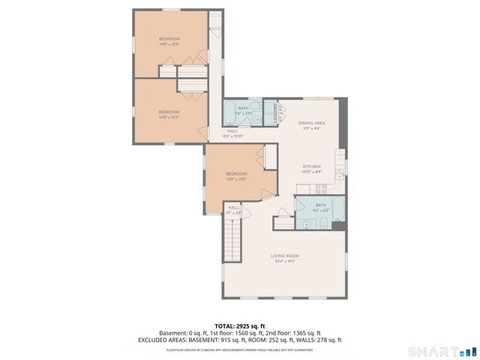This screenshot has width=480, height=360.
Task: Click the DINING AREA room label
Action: coord(311,123)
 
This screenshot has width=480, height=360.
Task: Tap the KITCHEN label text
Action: coord(311,166)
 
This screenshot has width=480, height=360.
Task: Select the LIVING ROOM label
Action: coord(285,256)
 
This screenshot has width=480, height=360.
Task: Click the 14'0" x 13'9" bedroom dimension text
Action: coord(169,44)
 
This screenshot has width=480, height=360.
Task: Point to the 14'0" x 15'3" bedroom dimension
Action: coord(169,117)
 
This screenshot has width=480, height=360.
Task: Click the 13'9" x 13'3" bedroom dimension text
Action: coord(237,179)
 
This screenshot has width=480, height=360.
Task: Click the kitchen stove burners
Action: coord(320,188)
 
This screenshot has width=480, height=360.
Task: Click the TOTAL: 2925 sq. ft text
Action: coord(240,325)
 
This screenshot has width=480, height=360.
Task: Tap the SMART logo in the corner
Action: coord(442,350)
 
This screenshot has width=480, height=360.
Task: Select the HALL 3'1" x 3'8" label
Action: coord(233,210)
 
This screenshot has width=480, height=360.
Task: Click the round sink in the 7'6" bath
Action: coord(257,118)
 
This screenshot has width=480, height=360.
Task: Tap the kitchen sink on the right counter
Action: coord(340,174)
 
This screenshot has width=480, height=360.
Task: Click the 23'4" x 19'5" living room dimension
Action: coord(285,262)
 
